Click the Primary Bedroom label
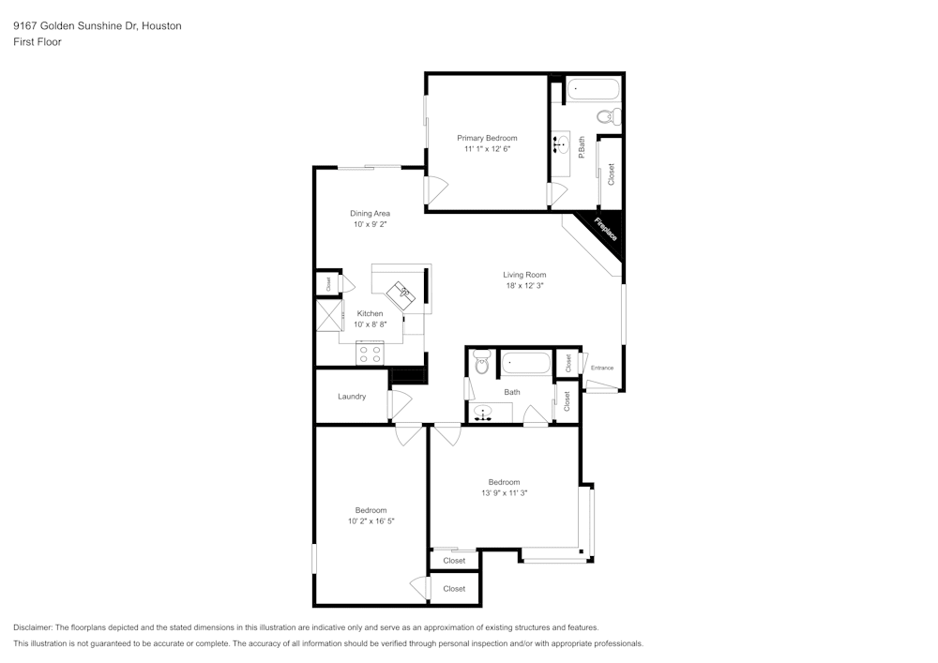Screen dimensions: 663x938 [x=487, y=138]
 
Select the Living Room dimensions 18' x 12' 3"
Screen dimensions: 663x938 [x=523, y=286]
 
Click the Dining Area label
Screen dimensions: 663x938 [x=370, y=213]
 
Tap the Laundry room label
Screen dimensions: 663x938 [x=352, y=397]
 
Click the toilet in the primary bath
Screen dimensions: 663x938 [x=609, y=117]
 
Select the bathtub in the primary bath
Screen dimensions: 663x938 [x=593, y=92]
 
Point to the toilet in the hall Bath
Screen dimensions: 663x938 [x=482, y=362]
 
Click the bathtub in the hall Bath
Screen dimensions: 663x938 [x=526, y=363]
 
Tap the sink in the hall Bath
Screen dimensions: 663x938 [x=484, y=413]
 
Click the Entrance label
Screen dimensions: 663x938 [x=601, y=368]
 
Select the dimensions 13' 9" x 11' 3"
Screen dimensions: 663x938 [x=504, y=493]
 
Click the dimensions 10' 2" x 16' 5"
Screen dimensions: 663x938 [x=371, y=521]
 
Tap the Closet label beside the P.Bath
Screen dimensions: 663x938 [x=612, y=173]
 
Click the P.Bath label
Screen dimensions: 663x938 [x=582, y=147]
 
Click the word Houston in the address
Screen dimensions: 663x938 [x=161, y=26]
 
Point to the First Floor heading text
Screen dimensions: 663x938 [x=38, y=42]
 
